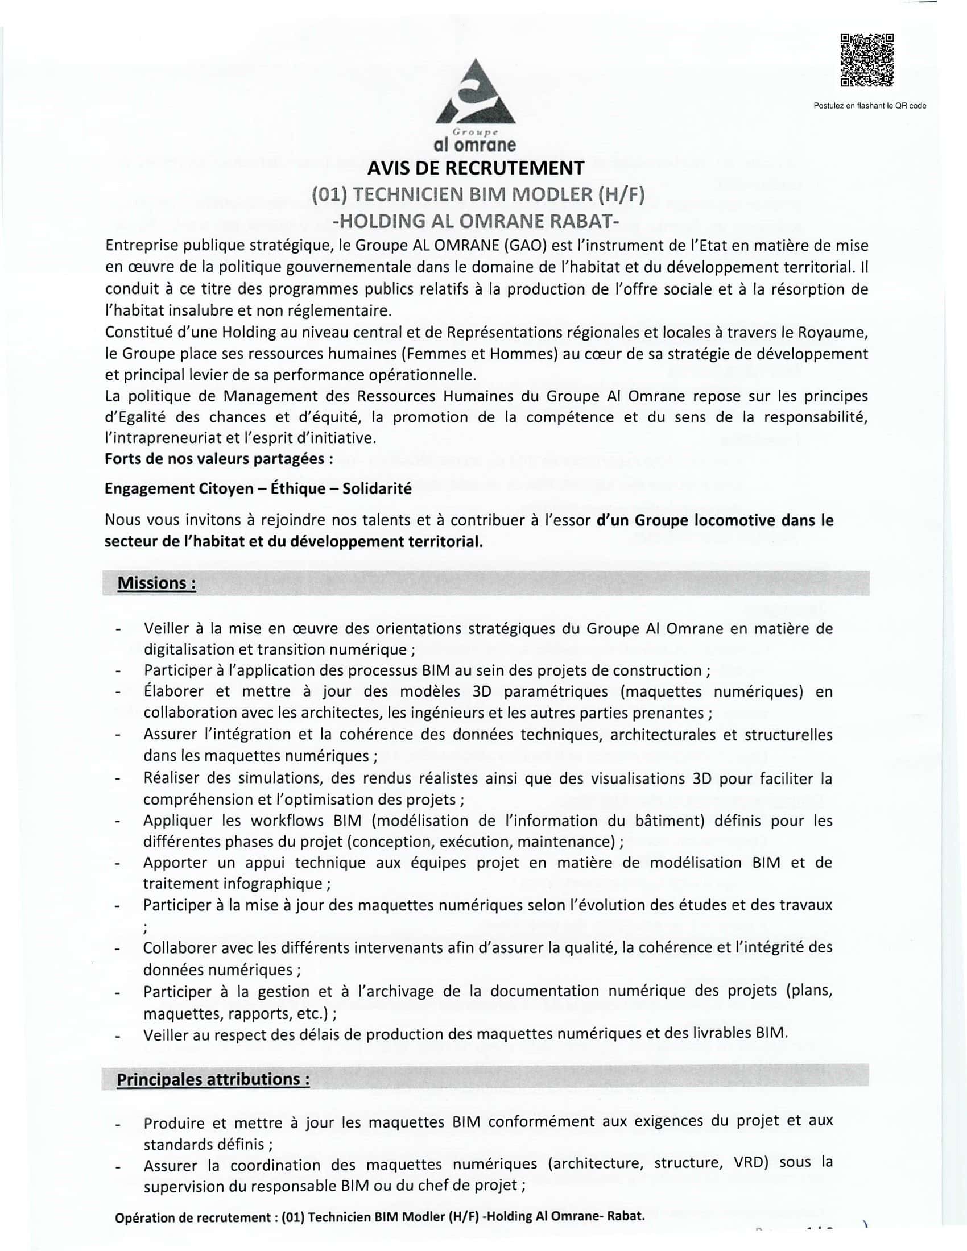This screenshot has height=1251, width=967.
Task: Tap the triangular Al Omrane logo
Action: tap(475, 95)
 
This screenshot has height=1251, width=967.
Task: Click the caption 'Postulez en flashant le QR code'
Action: tap(870, 106)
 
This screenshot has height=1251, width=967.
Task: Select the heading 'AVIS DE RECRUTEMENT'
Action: tap(476, 168)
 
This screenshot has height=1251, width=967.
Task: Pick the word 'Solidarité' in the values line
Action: tap(377, 488)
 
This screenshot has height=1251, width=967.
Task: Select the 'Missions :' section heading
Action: tap(156, 583)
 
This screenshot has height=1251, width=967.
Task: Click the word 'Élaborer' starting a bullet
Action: tap(173, 691)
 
